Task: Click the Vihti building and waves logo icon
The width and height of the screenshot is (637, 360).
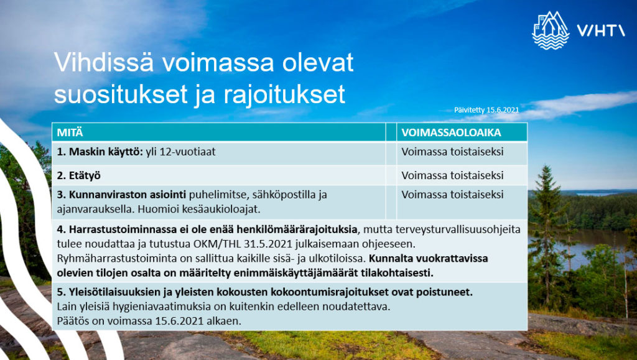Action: pos(551,29)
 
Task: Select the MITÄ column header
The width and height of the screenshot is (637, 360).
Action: pos(70,132)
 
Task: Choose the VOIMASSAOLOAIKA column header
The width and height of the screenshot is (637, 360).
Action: pos(451,132)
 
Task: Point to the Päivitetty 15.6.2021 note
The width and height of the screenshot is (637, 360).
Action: pos(486,109)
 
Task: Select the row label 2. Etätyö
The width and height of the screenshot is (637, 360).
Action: pos(80,175)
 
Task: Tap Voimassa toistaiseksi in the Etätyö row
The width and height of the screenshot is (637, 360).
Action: pos(452,175)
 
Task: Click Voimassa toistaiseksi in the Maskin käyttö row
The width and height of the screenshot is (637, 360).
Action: pos(452,152)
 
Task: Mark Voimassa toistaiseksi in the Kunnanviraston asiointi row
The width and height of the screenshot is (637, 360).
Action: pos(452,195)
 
